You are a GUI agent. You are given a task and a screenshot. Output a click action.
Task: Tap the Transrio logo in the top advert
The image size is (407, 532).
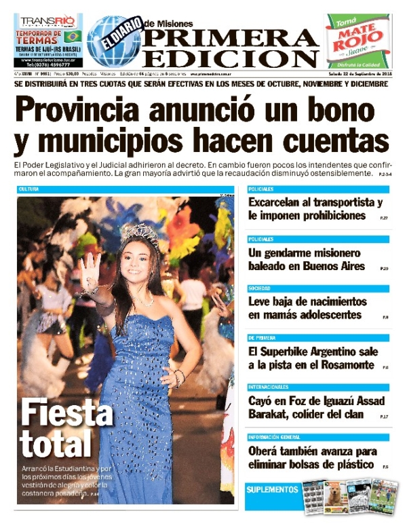[x=47, y=22]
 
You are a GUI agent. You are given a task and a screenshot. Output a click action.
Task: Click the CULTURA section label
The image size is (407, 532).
[x=28, y=189]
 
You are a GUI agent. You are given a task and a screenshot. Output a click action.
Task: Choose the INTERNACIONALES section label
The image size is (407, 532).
[x=270, y=387]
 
